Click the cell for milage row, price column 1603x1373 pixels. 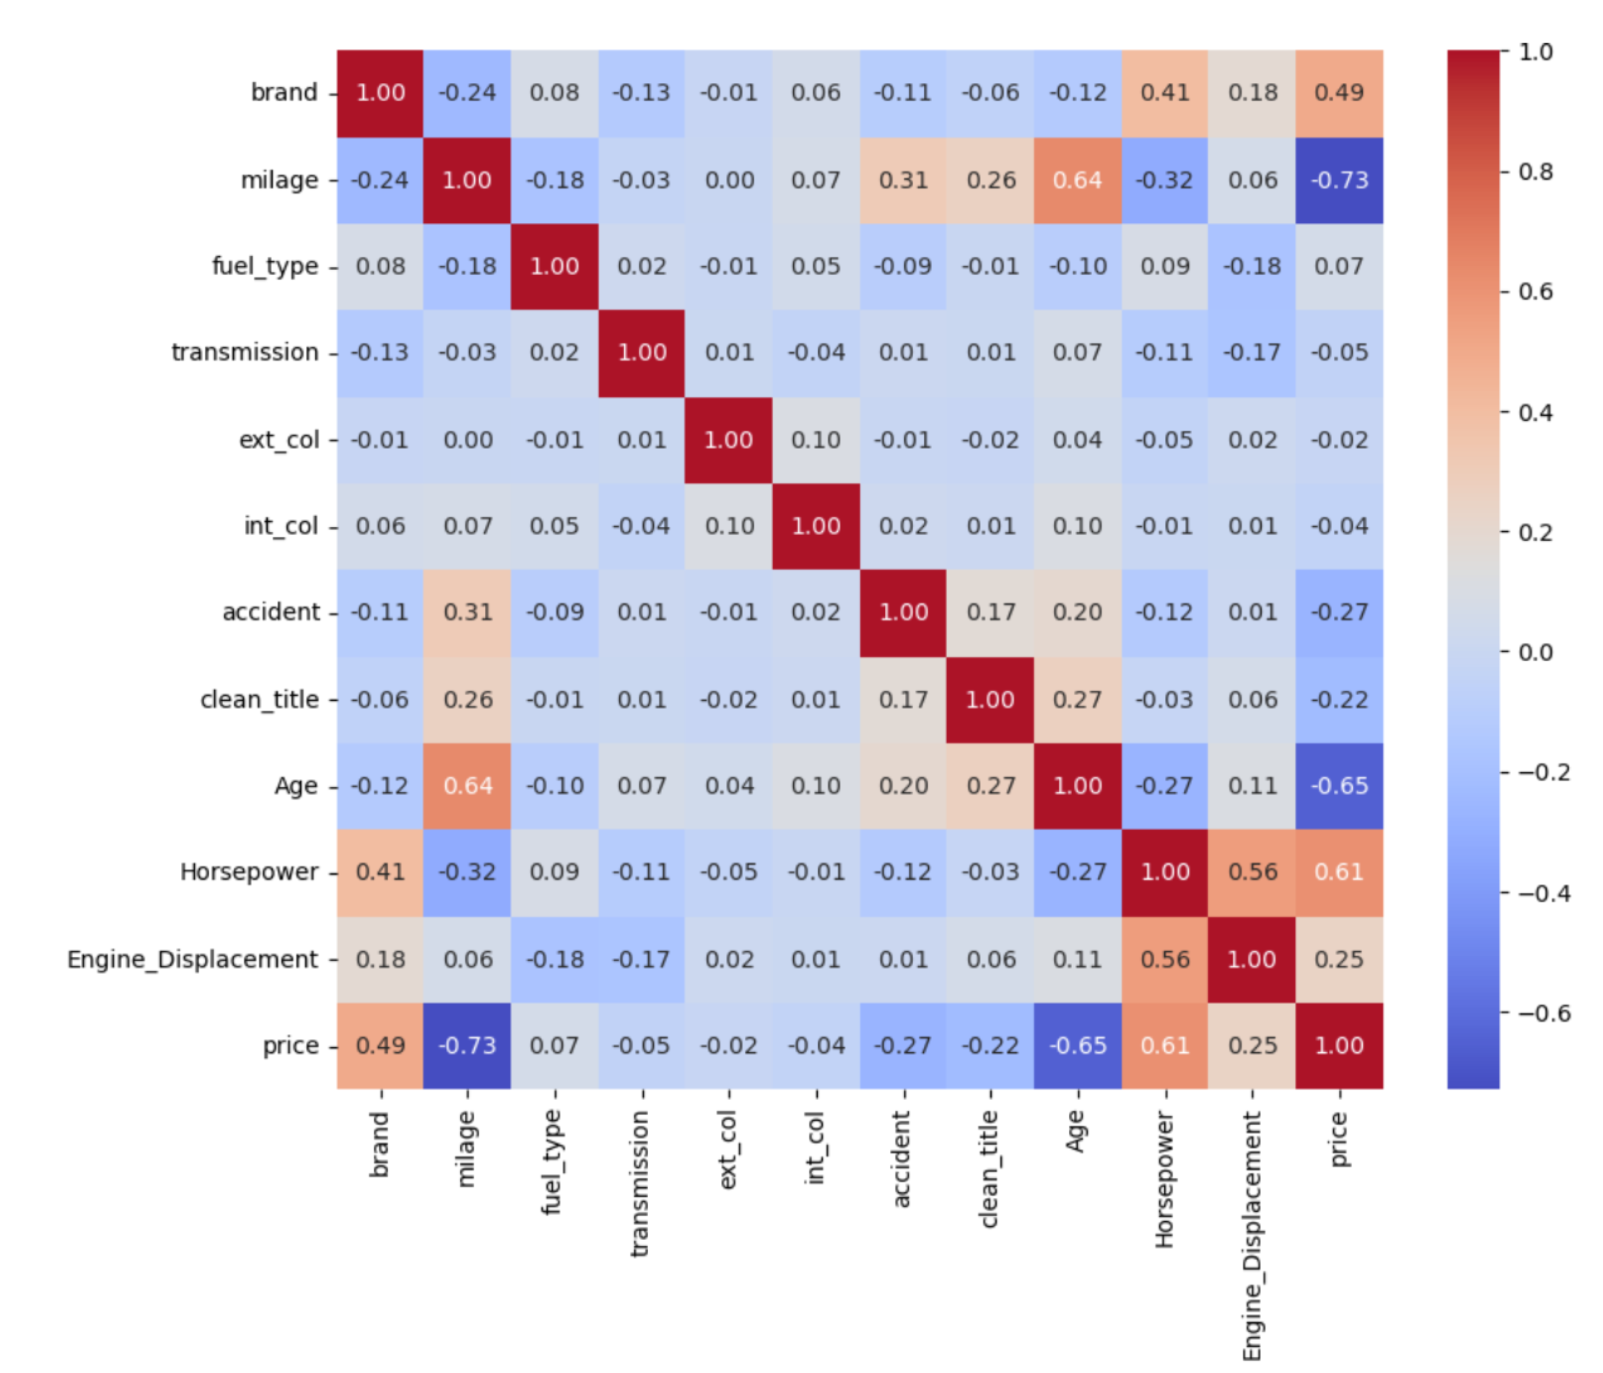pos(1339,180)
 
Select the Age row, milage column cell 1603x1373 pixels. pos(467,786)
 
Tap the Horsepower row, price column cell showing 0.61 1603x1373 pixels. pos(1339,872)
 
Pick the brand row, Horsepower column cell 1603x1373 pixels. pos(1165,93)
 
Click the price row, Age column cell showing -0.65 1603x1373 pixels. pos(1078,1045)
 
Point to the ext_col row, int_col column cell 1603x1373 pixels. pos(816,440)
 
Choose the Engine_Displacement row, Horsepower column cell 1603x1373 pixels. pos(1165,959)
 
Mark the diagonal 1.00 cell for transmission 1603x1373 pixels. pos(642,353)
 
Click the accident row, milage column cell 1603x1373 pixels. pos(467,612)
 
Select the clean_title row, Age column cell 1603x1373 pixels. pos(1078,699)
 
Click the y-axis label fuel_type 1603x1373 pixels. pos(265,267)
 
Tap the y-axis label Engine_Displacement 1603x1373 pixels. pos(192,959)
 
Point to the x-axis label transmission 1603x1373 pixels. pos(639,1183)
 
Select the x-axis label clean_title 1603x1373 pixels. pos(989,1170)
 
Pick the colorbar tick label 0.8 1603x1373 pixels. pos(1536,172)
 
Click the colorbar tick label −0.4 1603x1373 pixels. pos(1543,893)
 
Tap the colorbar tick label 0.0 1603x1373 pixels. pos(1536,652)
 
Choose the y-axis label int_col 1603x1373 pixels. pos(281,527)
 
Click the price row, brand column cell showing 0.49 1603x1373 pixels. pos(380,1045)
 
